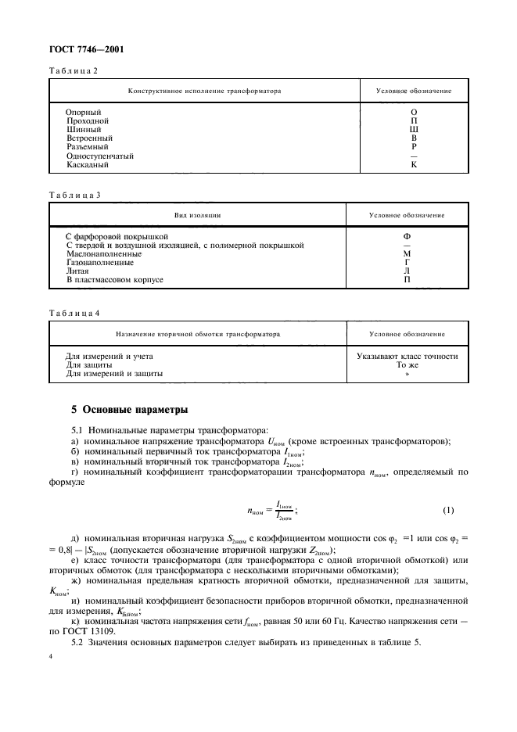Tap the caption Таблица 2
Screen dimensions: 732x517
point(74,70)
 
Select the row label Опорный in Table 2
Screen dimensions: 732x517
point(82,112)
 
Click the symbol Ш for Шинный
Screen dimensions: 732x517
point(414,129)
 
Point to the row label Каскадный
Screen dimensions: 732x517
point(87,164)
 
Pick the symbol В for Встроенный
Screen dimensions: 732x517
point(414,138)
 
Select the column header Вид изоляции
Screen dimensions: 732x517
point(197,214)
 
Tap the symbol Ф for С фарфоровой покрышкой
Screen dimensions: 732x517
point(407,236)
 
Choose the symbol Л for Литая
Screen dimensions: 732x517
point(407,271)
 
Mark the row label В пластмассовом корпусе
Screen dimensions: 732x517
point(114,279)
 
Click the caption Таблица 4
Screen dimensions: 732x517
point(74,314)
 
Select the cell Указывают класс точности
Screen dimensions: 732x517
point(407,357)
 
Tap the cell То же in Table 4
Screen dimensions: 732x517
point(407,365)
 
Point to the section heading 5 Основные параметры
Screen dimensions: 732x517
point(130,410)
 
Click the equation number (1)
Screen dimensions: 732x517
point(447,511)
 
